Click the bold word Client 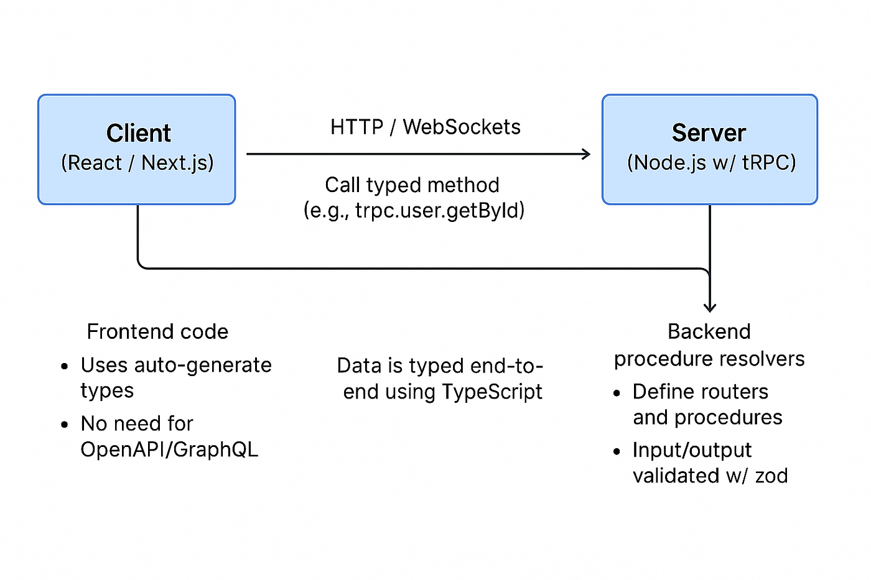point(138,133)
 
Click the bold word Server point(709,133)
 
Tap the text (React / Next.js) point(137,163)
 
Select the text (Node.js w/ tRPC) point(711,163)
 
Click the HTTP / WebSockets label point(425,127)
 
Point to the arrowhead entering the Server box point(586,154)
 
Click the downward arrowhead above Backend point(709,307)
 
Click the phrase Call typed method point(412,185)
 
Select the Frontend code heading point(157,331)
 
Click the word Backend point(709,331)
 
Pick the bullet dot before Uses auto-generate point(65,367)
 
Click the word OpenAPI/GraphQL point(169,449)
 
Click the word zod point(771,476)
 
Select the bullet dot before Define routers point(617,394)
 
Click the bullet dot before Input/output point(617,452)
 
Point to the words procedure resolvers point(709,359)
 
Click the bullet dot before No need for point(65,425)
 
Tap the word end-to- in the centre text point(507,366)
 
